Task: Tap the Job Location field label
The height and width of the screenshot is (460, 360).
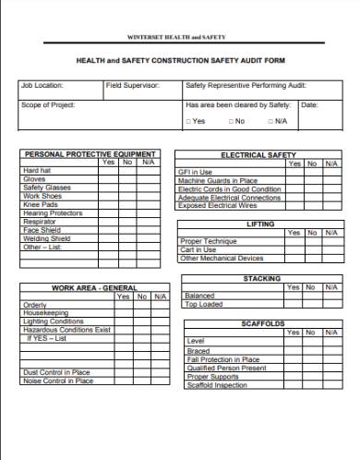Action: click(x=42, y=85)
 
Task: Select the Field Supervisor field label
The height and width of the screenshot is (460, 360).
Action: click(x=132, y=85)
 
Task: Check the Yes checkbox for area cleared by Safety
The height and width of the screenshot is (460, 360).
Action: click(x=189, y=121)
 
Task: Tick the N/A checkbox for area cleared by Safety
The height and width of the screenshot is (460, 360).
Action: click(x=270, y=121)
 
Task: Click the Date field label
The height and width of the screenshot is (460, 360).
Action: click(x=309, y=104)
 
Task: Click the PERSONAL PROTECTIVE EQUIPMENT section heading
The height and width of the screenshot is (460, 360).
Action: click(x=90, y=153)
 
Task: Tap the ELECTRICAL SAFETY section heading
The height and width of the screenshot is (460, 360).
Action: click(x=258, y=154)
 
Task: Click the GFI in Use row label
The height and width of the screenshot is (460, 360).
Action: click(x=195, y=172)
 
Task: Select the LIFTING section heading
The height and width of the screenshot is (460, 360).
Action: click(x=259, y=224)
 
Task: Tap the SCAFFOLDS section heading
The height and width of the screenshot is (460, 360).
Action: click(x=262, y=323)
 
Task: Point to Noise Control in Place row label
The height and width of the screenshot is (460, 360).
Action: click(x=57, y=380)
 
